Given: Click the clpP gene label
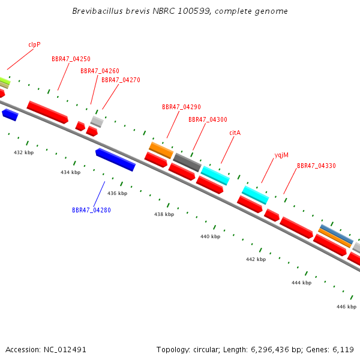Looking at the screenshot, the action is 34,44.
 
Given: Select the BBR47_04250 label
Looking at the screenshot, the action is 71,59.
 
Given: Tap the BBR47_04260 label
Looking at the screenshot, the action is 100,71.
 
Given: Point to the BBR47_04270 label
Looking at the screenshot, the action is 121,80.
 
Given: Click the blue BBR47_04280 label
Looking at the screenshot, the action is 91,210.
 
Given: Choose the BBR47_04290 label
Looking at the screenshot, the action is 181,107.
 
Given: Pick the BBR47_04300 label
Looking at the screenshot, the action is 208,119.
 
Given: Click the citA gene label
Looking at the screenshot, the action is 235,133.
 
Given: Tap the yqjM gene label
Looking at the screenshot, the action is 281,155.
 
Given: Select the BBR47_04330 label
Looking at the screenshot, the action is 316,166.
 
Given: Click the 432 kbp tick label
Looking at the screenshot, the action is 23,152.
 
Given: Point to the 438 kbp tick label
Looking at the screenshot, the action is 164,214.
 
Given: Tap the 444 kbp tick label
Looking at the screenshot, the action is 301,283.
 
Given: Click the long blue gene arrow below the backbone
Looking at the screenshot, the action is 115,160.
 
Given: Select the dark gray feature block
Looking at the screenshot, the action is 187,163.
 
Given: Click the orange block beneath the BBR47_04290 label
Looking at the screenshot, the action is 161,151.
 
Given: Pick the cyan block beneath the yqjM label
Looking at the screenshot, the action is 256,195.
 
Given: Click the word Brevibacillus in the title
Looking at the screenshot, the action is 97,11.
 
